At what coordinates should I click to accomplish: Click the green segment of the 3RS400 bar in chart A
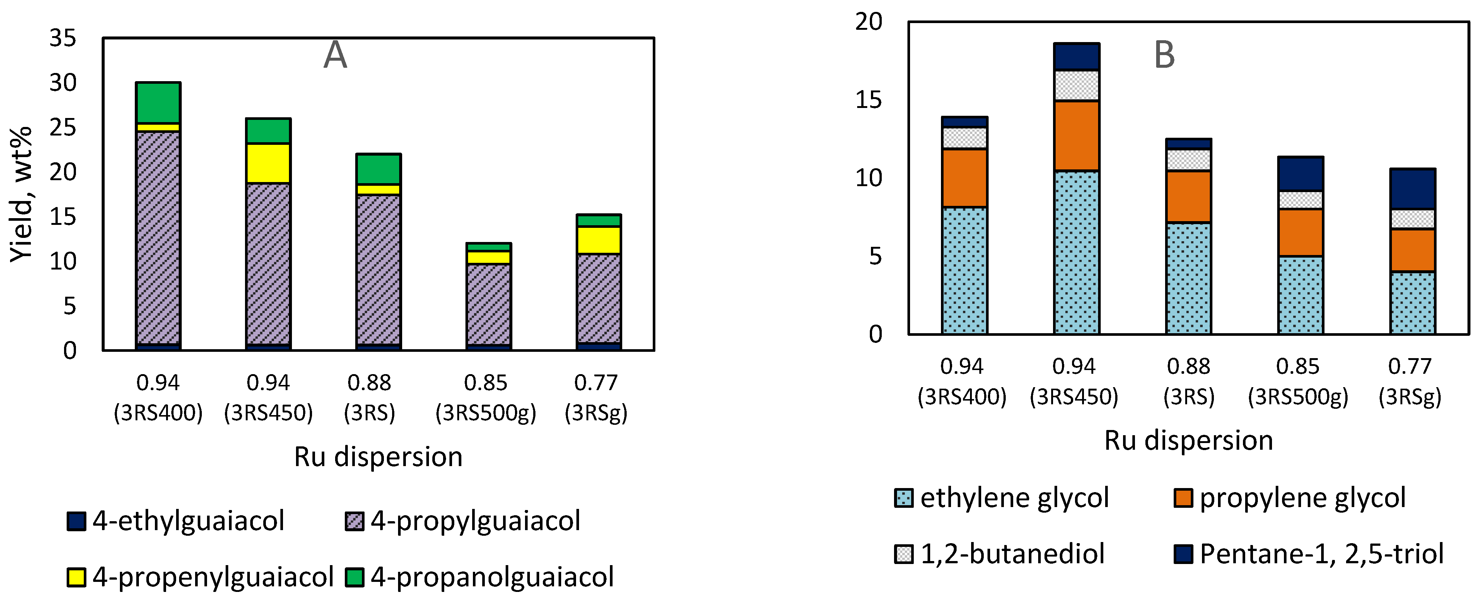(x=158, y=102)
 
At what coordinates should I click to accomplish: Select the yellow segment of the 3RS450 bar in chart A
(x=268, y=163)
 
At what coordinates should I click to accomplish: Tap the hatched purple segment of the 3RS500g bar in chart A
(x=489, y=304)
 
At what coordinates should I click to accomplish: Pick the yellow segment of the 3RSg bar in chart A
(x=599, y=240)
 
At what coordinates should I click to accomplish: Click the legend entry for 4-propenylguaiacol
(x=200, y=577)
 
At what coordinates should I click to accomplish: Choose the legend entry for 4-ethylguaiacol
(x=175, y=521)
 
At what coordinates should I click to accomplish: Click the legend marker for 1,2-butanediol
(x=904, y=554)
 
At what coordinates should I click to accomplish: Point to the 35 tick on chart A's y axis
(x=63, y=39)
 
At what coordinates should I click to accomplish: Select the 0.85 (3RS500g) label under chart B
(x=1298, y=381)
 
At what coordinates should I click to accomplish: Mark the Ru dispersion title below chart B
(x=1189, y=440)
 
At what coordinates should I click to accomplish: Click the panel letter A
(x=335, y=56)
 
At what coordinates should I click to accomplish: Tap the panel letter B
(x=1164, y=56)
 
